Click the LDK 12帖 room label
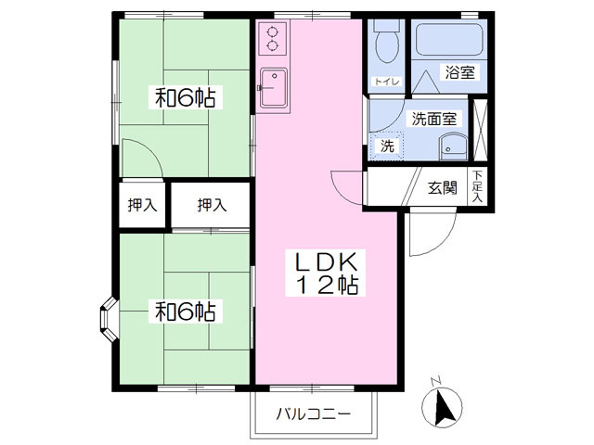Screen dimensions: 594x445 (x=326, y=273)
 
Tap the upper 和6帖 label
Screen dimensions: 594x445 (x=186, y=97)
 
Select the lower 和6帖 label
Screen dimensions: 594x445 (x=186, y=311)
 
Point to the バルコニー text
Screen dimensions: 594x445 (x=314, y=413)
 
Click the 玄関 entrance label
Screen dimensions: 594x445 (x=442, y=187)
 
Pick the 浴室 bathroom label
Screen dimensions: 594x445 (x=460, y=72)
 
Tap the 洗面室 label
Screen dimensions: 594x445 (x=434, y=119)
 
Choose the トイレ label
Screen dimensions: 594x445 (x=387, y=82)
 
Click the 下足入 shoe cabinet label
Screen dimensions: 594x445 (x=478, y=186)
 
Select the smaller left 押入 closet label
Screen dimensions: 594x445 (x=142, y=205)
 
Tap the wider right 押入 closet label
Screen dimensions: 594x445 (x=212, y=205)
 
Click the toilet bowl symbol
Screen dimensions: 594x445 (x=387, y=42)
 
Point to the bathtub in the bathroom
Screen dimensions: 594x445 (x=449, y=40)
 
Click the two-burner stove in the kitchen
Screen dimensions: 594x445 (x=272, y=38)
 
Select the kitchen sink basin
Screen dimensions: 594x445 (x=274, y=88)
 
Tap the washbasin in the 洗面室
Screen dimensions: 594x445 (x=453, y=146)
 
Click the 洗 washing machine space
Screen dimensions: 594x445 (x=387, y=146)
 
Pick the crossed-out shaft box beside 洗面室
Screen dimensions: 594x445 (x=481, y=131)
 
